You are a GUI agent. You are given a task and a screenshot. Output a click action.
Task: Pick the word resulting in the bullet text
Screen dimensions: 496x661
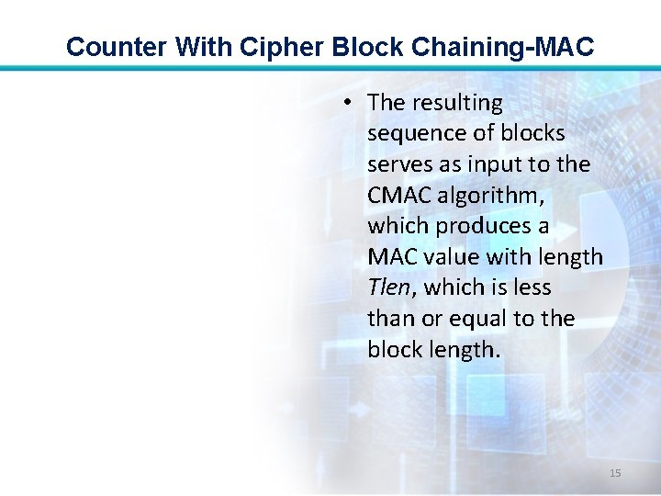(460, 103)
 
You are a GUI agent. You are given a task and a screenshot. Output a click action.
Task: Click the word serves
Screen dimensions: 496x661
(398, 164)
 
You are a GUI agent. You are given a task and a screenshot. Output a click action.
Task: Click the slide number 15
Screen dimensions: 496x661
(615, 473)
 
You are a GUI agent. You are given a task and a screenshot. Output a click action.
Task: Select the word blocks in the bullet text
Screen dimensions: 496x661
(532, 133)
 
